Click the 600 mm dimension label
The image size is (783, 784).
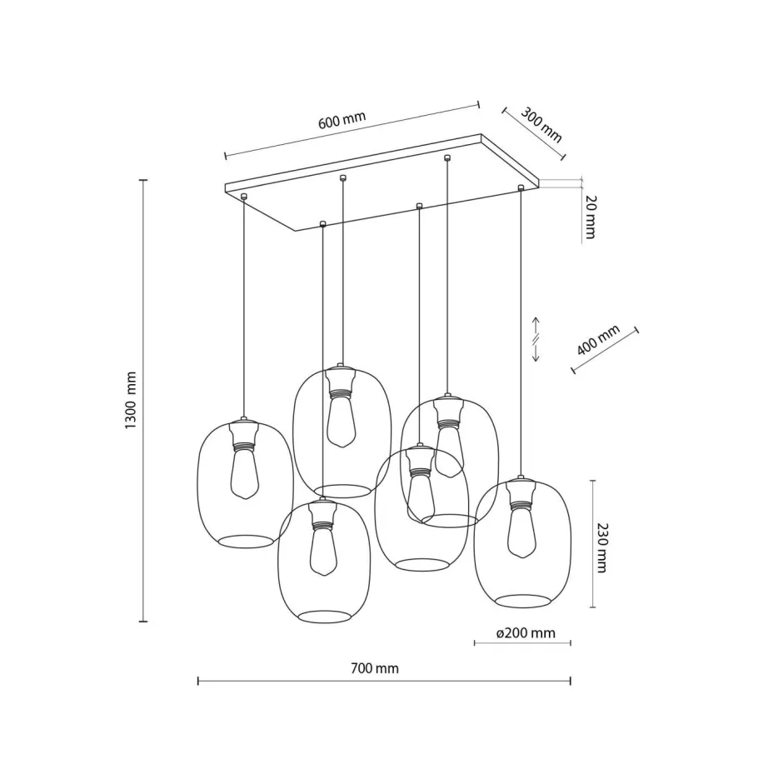point(342,120)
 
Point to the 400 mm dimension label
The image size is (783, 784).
point(598,340)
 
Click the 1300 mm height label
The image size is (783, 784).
point(131,401)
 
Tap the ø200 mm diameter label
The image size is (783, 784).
point(525,633)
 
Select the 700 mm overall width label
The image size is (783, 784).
point(375,668)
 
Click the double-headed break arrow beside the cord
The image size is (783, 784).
point(536,339)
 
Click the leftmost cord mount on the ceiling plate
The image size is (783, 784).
point(244,196)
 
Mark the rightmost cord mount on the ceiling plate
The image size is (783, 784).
point(521,187)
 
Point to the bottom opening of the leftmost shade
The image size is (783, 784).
point(245,540)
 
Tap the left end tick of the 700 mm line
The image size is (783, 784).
point(197,682)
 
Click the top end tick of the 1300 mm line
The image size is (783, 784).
point(143,180)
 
